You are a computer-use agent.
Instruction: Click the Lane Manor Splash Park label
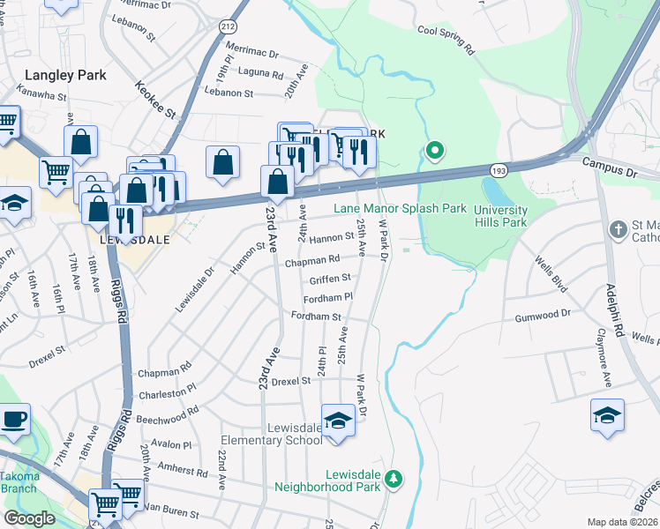click(400, 209)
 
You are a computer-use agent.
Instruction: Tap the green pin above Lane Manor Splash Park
click(434, 151)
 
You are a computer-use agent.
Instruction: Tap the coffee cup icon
click(13, 419)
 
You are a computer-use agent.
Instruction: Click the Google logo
click(29, 518)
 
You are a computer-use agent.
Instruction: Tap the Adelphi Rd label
click(613, 305)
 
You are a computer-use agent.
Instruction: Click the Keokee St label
click(156, 101)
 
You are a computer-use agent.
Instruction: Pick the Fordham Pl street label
click(328, 298)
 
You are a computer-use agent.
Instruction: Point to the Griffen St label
click(330, 279)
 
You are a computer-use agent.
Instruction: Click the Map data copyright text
click(621, 522)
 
